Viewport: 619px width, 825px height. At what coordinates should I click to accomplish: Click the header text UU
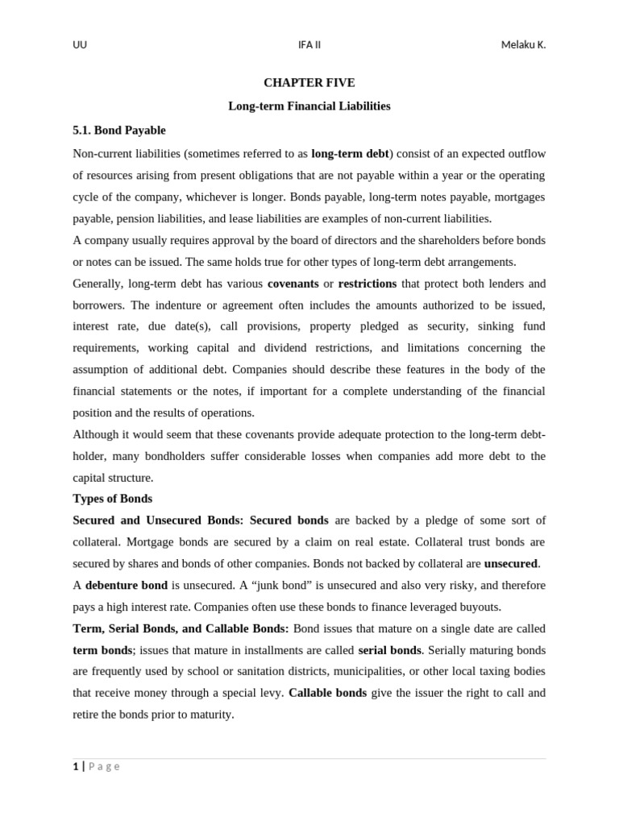pyautogui.click(x=80, y=45)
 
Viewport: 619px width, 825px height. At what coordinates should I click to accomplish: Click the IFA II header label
pyautogui.click(x=309, y=45)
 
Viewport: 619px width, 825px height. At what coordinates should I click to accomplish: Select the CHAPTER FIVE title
pyautogui.click(x=309, y=83)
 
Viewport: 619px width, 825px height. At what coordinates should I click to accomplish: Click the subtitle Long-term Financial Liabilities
pyautogui.click(x=309, y=106)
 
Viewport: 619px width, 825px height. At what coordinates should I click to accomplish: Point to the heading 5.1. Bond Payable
pyautogui.click(x=119, y=130)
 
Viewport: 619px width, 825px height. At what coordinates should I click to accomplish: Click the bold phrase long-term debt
pyautogui.click(x=350, y=154)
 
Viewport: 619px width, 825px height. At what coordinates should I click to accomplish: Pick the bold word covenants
pyautogui.click(x=293, y=284)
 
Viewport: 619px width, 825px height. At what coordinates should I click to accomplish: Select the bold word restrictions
pyautogui.click(x=367, y=284)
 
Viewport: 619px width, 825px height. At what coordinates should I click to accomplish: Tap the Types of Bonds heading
pyautogui.click(x=112, y=499)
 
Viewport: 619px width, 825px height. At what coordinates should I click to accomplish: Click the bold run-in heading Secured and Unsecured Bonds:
pyautogui.click(x=158, y=520)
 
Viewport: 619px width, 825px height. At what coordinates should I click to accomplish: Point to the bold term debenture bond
pyautogui.click(x=127, y=586)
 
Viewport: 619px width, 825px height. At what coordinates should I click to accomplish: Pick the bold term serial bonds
pyautogui.click(x=389, y=650)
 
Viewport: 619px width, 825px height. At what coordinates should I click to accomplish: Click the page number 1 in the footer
pyautogui.click(x=76, y=766)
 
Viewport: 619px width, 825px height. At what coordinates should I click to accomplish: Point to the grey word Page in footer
pyautogui.click(x=104, y=766)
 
